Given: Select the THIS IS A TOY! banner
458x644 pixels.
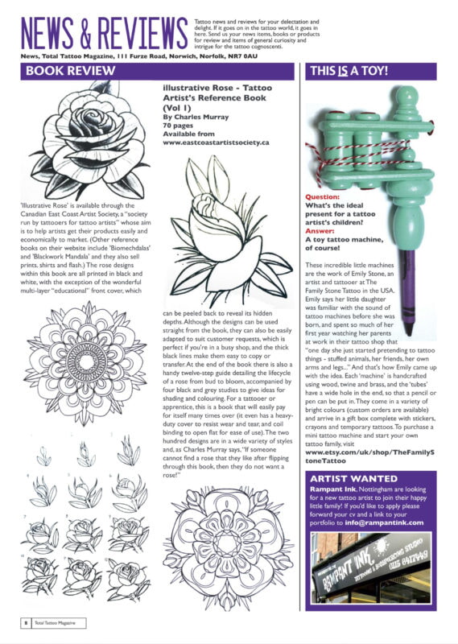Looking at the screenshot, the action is pyautogui.click(x=355, y=71).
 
